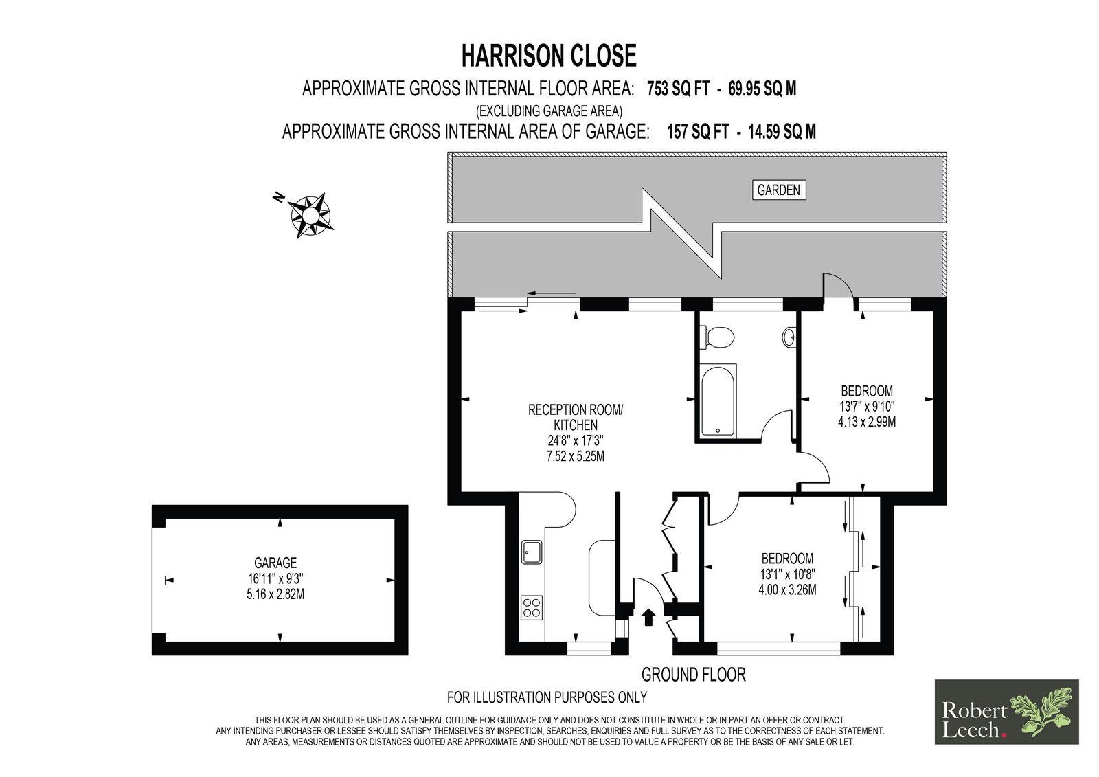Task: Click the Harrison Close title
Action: [549, 56]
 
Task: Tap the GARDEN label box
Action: [779, 190]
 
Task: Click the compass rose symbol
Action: [310, 215]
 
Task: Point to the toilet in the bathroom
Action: [717, 338]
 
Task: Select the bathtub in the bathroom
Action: [718, 401]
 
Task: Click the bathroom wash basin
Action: [789, 338]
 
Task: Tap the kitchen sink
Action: [532, 552]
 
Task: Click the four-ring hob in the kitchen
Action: [532, 608]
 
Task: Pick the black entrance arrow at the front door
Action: [648, 617]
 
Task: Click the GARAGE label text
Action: [275, 563]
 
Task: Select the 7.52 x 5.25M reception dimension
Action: [576, 456]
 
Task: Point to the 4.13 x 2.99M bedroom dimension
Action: [867, 422]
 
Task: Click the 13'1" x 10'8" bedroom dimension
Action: [787, 574]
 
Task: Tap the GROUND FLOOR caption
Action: [693, 675]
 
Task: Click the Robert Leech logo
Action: [1007, 712]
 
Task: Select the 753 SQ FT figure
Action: [678, 89]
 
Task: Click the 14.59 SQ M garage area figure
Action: [782, 131]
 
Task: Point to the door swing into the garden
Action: [839, 285]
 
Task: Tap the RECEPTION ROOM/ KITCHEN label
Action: [576, 417]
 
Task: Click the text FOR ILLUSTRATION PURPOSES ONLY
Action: [547, 697]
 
